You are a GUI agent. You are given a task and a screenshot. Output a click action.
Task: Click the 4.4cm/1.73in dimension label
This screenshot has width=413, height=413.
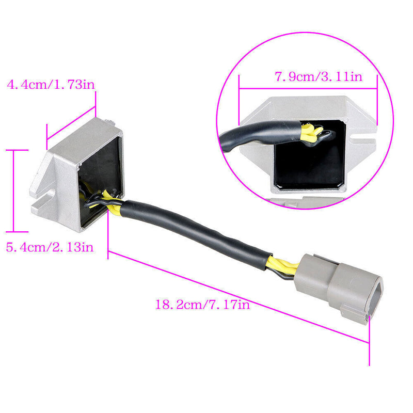pos(51,85)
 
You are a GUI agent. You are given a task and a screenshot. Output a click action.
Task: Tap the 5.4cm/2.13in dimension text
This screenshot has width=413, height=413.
pos(50,247)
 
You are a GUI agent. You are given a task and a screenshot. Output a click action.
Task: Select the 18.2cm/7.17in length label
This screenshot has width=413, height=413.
pos(202,305)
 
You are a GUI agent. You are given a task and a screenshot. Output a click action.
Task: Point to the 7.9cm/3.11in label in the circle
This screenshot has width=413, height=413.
pos(319,76)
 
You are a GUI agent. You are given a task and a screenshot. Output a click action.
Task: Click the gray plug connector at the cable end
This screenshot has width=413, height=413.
pos(339,288)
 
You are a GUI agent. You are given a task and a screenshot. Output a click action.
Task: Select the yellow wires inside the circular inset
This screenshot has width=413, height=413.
pos(312,133)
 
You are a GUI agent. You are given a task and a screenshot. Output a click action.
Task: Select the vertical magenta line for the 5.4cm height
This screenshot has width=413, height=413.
pos(13,191)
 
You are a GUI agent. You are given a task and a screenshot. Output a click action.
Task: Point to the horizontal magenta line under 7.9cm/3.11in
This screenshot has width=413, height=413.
pos(308,88)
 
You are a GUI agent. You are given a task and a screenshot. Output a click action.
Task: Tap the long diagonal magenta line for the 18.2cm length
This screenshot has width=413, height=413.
pos(239,297)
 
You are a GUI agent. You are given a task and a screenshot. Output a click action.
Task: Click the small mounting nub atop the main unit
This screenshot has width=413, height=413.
pos(110,122)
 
